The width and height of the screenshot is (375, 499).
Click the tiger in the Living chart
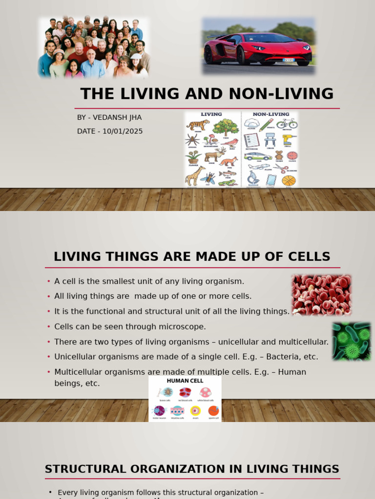[x=198, y=124]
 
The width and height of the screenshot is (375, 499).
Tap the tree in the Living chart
[x=226, y=127]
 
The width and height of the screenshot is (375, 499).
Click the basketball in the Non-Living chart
[x=289, y=180]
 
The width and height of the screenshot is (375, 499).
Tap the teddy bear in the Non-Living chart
[x=279, y=155]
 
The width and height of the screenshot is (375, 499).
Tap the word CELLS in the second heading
[x=308, y=256]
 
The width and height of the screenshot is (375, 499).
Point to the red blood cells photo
[x=321, y=294]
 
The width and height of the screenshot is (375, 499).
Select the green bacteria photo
[x=351, y=341]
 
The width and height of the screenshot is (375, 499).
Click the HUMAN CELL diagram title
[x=185, y=381]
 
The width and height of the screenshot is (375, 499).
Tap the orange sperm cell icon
[x=213, y=411]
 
